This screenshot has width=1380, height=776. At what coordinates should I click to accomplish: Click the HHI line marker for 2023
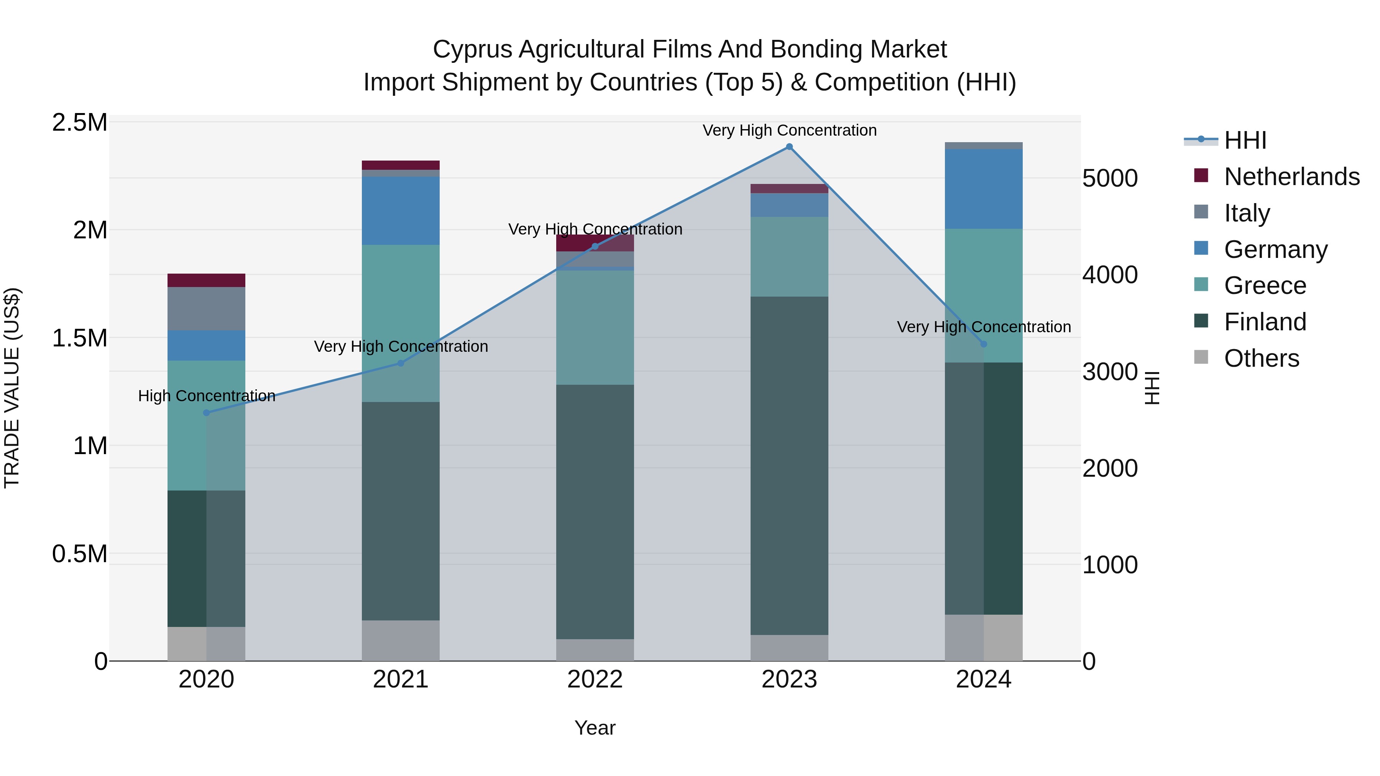tap(789, 147)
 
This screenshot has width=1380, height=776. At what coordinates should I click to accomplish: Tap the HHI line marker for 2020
tap(207, 413)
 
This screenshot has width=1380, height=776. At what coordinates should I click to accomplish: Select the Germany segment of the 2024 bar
tap(984, 189)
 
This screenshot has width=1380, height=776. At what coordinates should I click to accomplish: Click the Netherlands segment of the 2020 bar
tap(207, 281)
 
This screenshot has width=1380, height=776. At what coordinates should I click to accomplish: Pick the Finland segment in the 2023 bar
tap(789, 466)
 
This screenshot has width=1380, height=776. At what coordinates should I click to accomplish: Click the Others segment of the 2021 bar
tap(401, 640)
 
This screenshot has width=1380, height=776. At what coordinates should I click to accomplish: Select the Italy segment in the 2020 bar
tap(207, 309)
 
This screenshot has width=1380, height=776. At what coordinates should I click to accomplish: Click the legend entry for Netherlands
tap(1291, 177)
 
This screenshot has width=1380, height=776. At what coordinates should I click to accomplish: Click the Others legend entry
tap(1261, 358)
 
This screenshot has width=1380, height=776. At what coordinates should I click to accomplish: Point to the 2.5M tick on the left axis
tap(79, 123)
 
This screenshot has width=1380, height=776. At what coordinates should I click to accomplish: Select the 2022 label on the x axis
tap(595, 679)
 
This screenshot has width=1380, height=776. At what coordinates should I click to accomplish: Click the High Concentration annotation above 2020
tap(207, 396)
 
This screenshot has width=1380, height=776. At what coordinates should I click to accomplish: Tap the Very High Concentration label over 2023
tap(789, 130)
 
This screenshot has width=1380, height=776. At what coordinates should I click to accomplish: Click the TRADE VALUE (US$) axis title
tap(12, 388)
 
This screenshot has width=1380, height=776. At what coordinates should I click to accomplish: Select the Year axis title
tap(595, 728)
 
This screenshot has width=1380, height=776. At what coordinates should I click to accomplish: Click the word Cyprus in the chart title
tap(472, 49)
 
